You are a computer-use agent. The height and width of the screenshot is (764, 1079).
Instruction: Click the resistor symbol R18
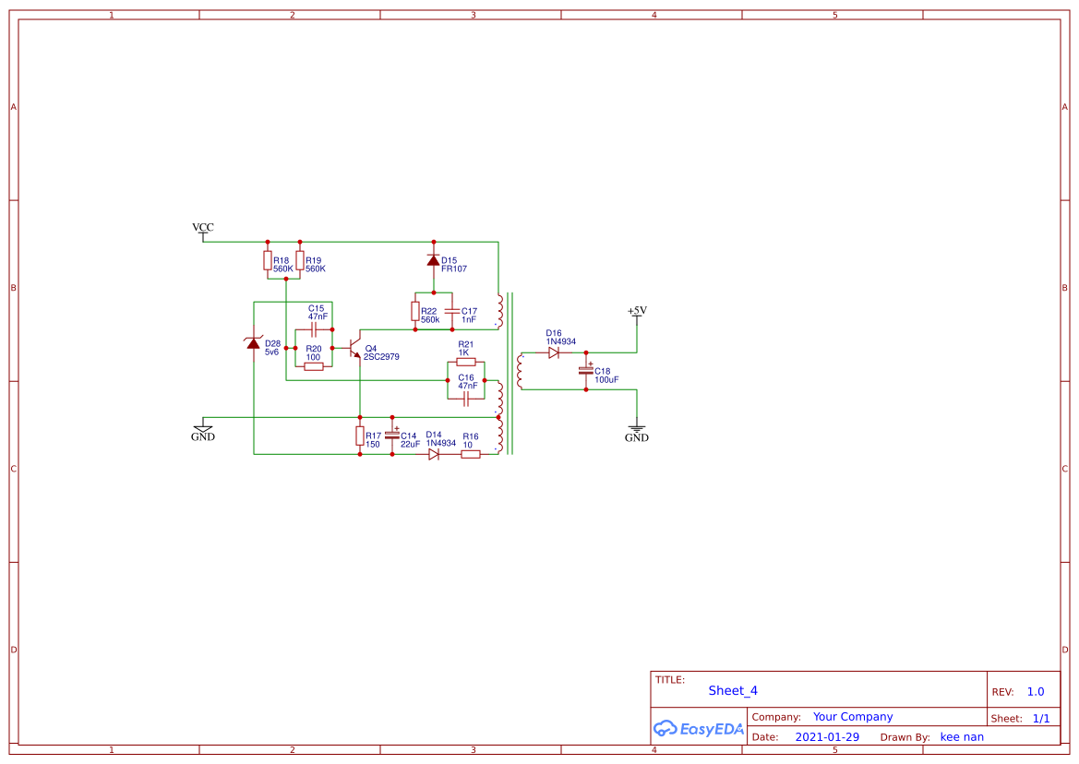click(x=268, y=260)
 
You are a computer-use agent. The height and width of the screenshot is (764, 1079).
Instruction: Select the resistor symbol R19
click(x=300, y=260)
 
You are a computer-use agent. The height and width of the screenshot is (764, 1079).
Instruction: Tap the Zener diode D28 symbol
click(x=254, y=343)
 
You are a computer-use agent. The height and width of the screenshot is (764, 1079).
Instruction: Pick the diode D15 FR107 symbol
click(x=433, y=260)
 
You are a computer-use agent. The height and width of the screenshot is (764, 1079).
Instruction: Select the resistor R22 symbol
click(x=415, y=311)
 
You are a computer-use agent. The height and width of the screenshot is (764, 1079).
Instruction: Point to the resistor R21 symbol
click(x=466, y=362)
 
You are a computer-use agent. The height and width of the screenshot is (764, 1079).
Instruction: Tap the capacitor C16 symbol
click(x=466, y=398)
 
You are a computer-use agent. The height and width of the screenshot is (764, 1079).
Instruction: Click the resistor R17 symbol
click(x=359, y=436)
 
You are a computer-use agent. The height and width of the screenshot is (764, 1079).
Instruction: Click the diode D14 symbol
click(x=434, y=454)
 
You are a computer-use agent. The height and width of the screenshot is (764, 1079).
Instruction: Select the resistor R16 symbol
click(x=471, y=454)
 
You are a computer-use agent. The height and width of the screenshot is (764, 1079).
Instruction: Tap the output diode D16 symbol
click(x=554, y=352)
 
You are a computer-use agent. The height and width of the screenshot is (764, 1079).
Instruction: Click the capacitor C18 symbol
click(x=586, y=371)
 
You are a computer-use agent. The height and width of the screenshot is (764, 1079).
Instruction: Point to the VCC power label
click(x=202, y=227)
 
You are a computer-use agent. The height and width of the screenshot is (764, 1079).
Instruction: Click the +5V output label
click(x=637, y=311)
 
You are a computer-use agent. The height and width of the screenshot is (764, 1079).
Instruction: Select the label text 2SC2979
click(x=381, y=356)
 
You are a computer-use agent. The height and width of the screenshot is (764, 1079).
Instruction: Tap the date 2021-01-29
click(x=827, y=737)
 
